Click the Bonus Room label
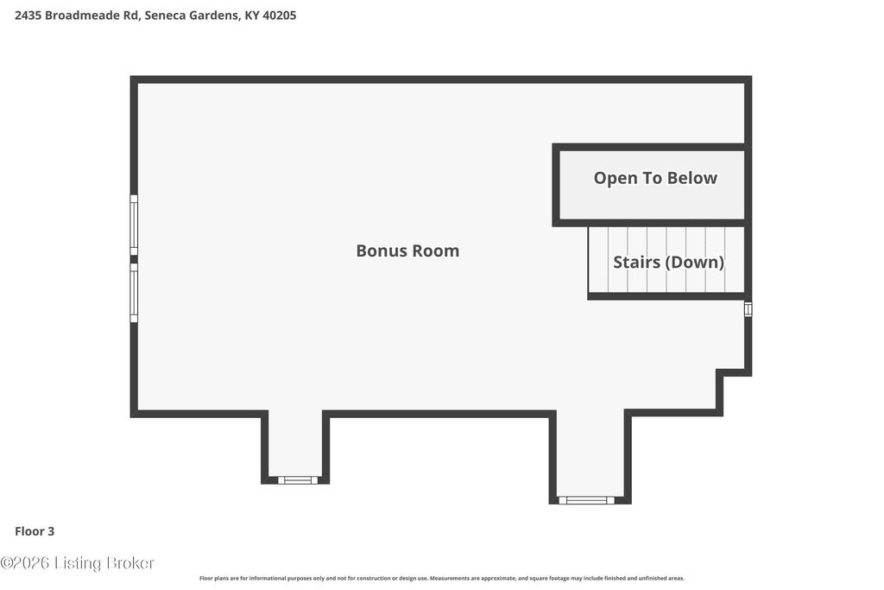pos(407,251)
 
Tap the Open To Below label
pos(655,178)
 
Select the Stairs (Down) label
pos(669,262)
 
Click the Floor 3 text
pos(35,530)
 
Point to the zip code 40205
pos(279,16)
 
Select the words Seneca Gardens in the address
pos(192,16)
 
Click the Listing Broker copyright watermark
pos(77,563)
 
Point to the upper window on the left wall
pos(134,225)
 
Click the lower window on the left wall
pos(134,293)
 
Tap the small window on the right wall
pos(748,309)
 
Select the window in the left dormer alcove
pos(298,480)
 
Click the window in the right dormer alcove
pos(586,500)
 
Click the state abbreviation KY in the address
pos(251,16)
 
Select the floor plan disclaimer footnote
pos(442,578)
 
